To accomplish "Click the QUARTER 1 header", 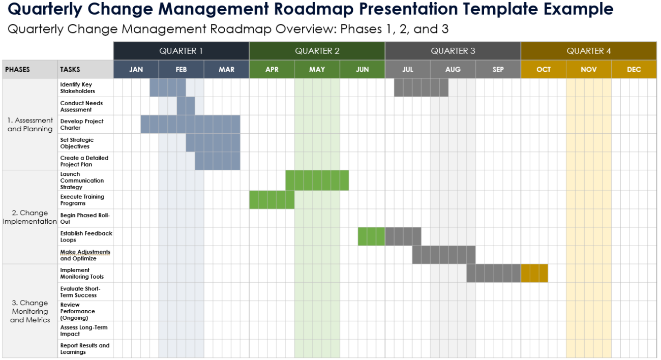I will coord(181,51).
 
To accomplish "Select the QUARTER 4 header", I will coord(589,51).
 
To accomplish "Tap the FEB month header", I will coord(181,70).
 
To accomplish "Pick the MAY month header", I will coord(317,70).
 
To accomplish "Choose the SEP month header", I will coord(498,70).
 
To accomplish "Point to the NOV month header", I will coord(588,70).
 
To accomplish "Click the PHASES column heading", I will coord(18,70).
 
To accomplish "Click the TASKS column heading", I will coord(70,70).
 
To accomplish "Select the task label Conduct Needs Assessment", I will coord(81,106).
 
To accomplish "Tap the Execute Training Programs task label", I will coord(82,200).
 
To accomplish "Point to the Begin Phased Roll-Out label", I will coord(85,219).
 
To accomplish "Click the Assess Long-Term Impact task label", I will coord(84,331).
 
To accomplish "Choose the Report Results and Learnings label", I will coord(84,349).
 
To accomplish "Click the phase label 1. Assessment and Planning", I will coord(30,125).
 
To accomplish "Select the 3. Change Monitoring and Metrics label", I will coord(30,311).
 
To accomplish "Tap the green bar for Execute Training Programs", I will coord(272,200).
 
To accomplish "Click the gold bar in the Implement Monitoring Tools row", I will coord(534,273).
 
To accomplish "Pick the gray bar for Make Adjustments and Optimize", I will coord(443,255).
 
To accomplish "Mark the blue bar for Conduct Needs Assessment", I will coord(186,106).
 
